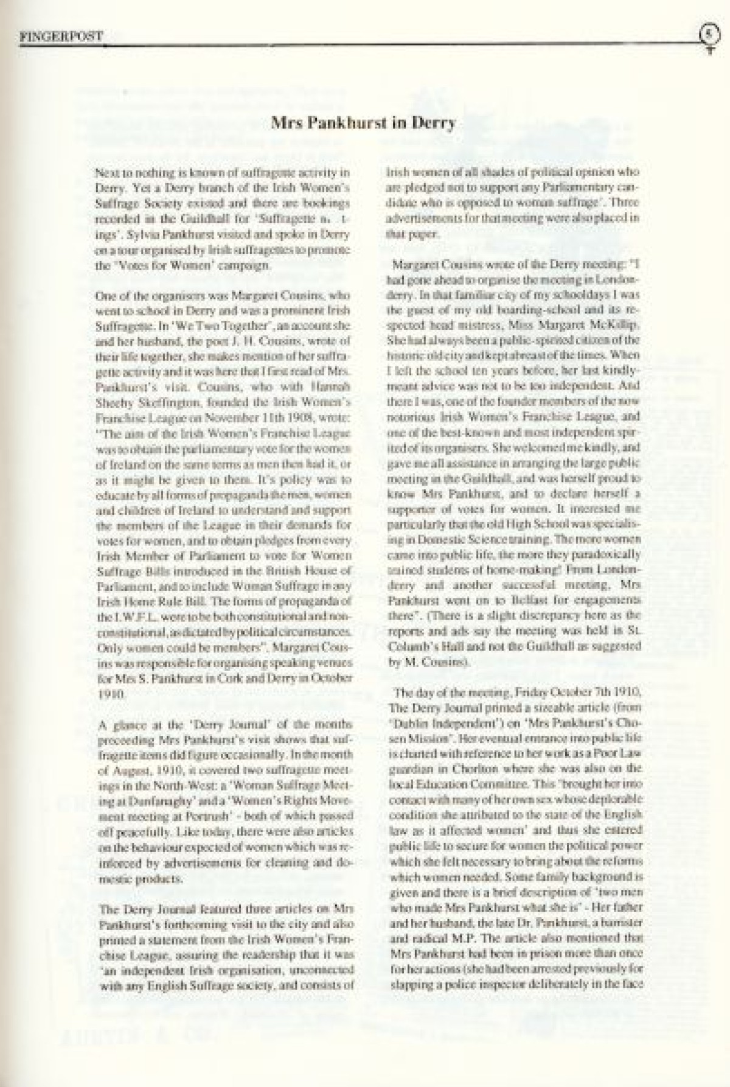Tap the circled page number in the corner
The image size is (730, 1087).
click(x=708, y=34)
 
